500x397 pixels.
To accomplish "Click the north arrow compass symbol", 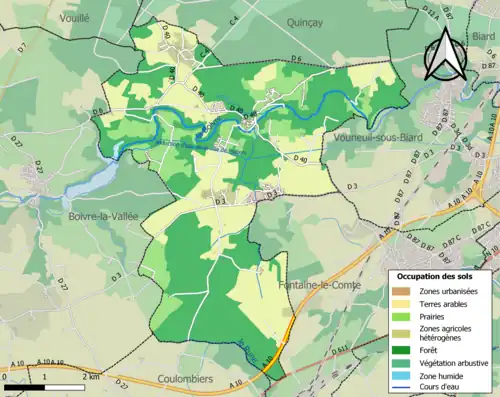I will pos(445,54).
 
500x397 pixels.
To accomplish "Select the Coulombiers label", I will pos(186,379).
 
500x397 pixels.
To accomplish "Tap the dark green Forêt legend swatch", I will pos(400,350).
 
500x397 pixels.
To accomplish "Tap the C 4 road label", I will pos(233,49).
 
